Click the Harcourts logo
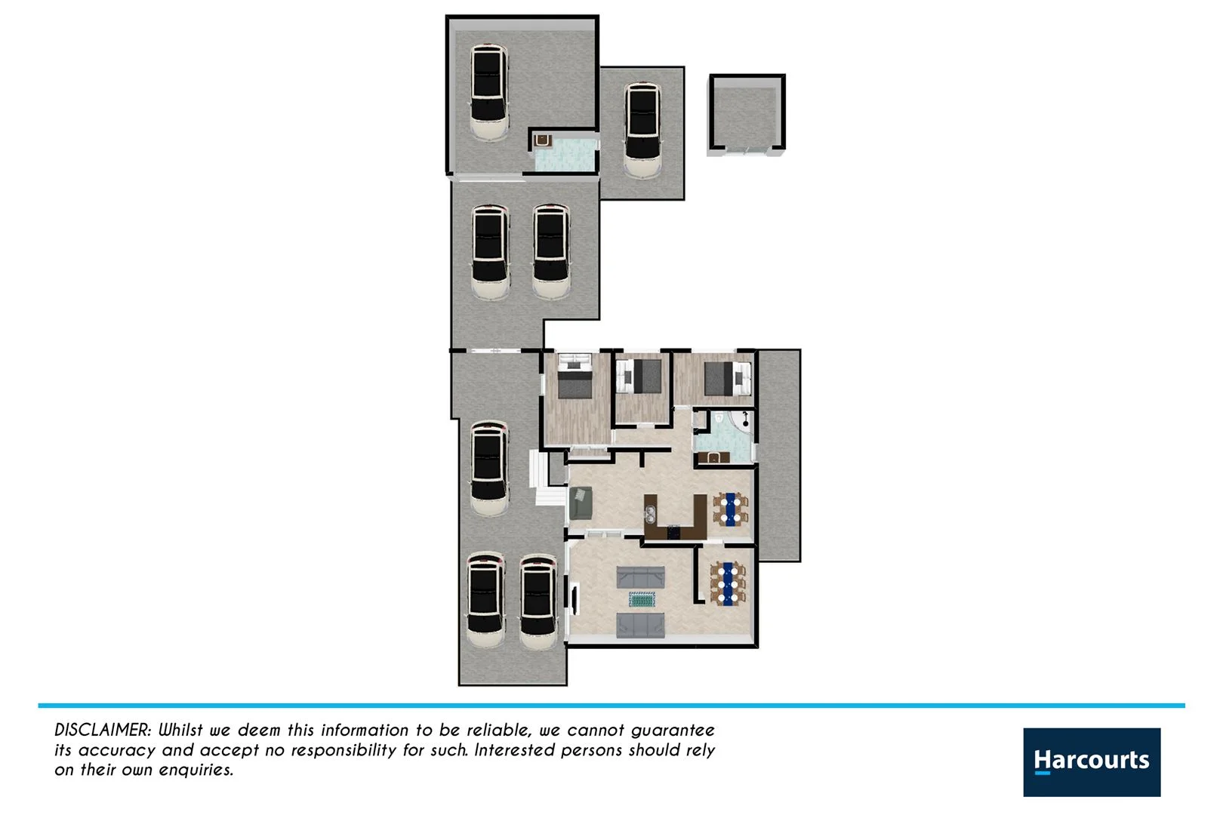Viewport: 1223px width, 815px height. pyautogui.click(x=1091, y=761)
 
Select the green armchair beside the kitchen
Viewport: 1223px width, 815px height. pyautogui.click(x=580, y=503)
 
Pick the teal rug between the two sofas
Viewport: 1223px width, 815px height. pyautogui.click(x=641, y=600)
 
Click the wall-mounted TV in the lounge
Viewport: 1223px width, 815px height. pyautogui.click(x=575, y=599)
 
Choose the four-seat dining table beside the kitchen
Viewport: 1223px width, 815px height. pyautogui.click(x=730, y=508)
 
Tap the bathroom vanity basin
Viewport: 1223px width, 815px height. pyautogui.click(x=713, y=457)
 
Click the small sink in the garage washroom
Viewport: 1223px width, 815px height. pyautogui.click(x=541, y=140)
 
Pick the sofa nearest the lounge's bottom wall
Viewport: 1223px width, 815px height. pyautogui.click(x=640, y=626)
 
